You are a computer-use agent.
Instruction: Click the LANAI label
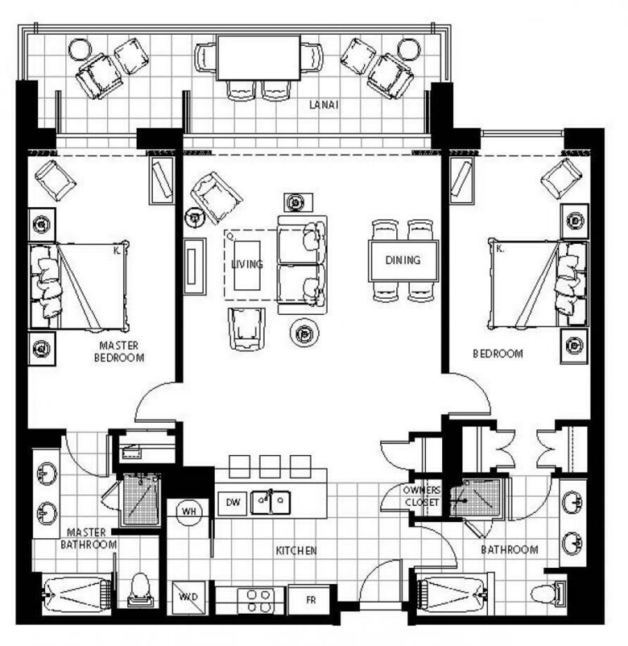point(324,105)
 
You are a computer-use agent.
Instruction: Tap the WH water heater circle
point(189,511)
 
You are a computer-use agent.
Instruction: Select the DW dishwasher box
point(233,503)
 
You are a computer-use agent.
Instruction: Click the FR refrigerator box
point(311,600)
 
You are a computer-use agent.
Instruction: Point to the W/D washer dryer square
point(188,597)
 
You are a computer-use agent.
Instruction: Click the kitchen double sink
point(271,502)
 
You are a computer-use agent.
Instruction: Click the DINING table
point(403,261)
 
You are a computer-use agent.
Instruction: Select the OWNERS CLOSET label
point(422,496)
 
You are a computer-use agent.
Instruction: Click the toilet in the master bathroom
point(141,590)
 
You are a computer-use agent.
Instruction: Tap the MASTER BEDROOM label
point(119,351)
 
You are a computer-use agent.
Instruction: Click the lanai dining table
point(258,58)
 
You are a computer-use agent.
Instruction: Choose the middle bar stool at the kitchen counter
point(271,466)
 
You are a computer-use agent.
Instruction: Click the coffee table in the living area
point(247,266)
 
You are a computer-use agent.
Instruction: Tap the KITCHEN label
point(296,550)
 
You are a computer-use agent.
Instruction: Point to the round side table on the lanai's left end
point(81,50)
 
